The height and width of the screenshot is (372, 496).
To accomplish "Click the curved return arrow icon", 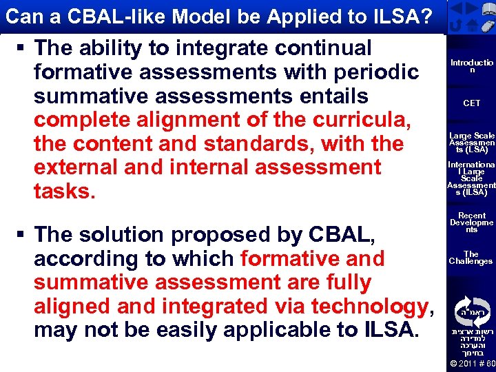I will (455, 26).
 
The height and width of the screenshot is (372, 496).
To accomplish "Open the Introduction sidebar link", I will (471, 67).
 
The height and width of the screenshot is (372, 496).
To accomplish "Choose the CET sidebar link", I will (471, 103).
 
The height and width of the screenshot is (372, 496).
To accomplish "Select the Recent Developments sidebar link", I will (471, 223).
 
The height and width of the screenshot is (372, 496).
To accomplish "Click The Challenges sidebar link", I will (471, 258).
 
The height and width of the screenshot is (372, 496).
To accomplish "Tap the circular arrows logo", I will (471, 307).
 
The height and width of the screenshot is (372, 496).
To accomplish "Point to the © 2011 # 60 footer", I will (471, 363).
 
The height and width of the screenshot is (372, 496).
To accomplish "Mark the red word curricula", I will (363, 120).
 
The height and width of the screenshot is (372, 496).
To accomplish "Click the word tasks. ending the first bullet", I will (65, 191).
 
